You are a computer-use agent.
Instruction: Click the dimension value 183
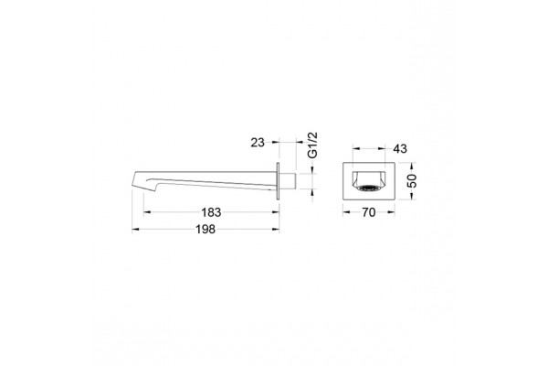[x=211, y=212]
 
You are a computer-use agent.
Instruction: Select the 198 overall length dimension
[x=205, y=230]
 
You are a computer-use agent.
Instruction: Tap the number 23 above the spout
[x=258, y=143]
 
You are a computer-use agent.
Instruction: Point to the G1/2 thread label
[x=313, y=145]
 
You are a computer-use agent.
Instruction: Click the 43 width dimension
[x=400, y=148]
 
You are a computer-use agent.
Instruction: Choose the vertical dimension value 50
[x=413, y=181]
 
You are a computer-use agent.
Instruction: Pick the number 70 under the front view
[x=369, y=212]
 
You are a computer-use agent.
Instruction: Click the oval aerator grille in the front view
[x=369, y=188]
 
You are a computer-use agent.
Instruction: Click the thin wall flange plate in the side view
[x=278, y=181]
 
